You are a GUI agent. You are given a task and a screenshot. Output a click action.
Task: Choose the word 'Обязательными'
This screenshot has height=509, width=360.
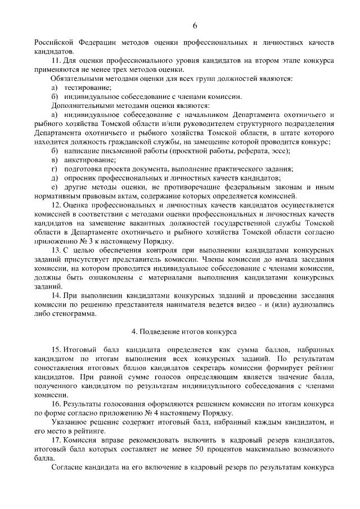tap(76, 79)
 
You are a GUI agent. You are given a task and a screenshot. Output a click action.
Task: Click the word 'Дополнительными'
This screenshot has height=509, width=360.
tap(79, 106)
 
